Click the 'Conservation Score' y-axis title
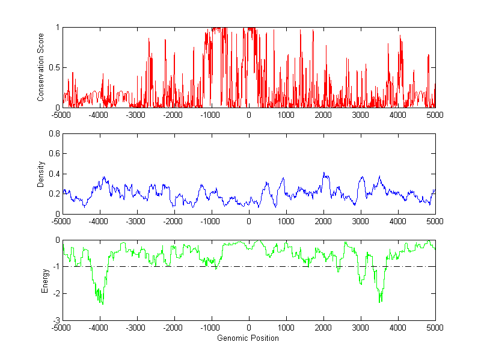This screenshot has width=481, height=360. tap(41, 67)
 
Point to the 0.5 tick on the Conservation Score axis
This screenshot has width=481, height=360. tap(54, 67)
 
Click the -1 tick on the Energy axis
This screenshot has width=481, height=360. tap(56, 267)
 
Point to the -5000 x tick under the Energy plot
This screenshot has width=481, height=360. tap(63, 328)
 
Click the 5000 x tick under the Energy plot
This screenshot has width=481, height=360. tap(435, 328)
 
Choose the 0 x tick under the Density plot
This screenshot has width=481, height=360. tap(249, 221)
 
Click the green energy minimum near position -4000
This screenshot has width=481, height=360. tap(102, 304)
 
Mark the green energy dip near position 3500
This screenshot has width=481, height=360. tap(380, 301)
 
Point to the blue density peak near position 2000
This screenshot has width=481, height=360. tap(323, 173)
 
